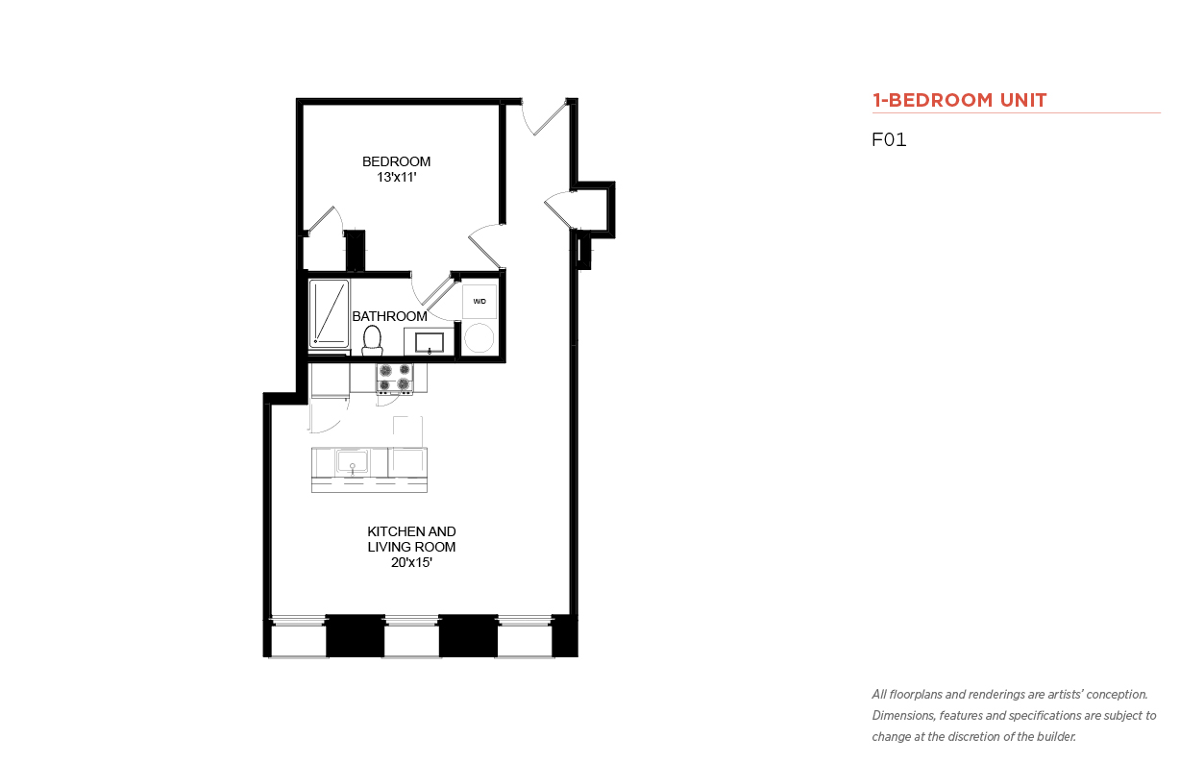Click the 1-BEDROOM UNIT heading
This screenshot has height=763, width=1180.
point(959,100)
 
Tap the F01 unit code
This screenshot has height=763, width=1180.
point(889,139)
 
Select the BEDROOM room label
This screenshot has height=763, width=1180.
point(396,161)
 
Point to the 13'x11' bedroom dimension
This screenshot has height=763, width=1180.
point(397,177)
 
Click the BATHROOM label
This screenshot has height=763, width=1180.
point(389,316)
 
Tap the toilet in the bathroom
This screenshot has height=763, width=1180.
point(372,340)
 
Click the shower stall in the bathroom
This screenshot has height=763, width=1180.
point(330,313)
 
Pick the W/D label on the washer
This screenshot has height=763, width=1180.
point(479,302)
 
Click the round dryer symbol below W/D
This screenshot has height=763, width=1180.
point(479,337)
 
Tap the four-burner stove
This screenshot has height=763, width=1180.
point(395,378)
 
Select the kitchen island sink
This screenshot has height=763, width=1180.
point(352,462)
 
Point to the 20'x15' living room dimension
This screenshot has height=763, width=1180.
point(411,563)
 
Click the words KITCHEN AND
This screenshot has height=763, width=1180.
point(411,531)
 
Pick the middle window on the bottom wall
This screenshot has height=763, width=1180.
point(411,636)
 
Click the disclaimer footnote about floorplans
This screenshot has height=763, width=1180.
point(1014,715)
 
